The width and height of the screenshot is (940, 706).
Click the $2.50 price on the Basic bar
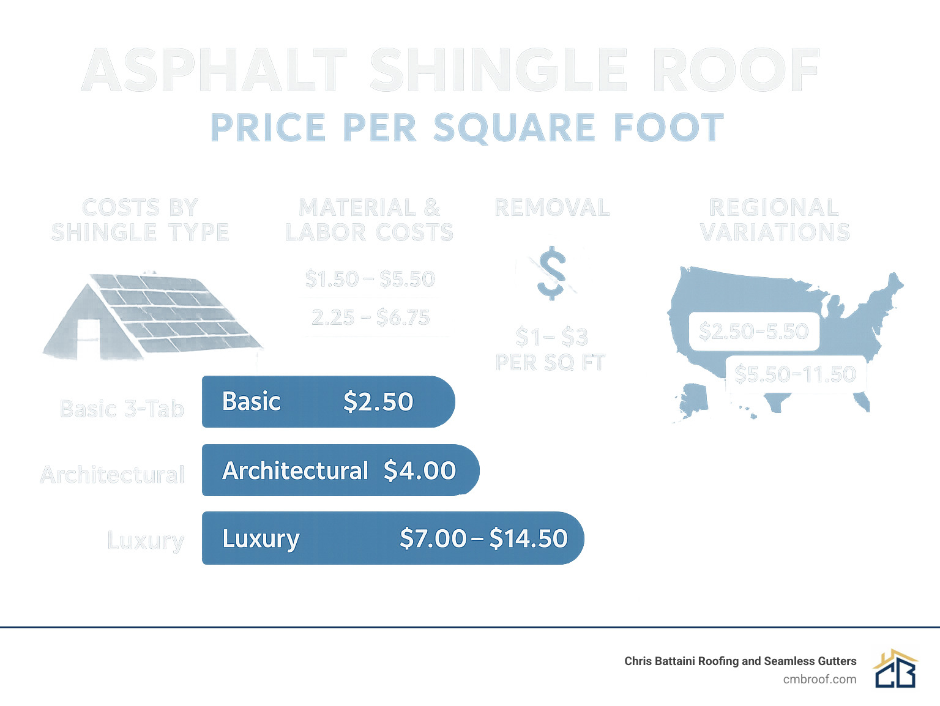(x=378, y=402)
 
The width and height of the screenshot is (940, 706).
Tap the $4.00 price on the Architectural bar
(x=420, y=470)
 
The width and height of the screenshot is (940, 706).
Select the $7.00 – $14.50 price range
(x=483, y=538)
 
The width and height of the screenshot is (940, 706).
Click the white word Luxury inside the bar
(x=261, y=539)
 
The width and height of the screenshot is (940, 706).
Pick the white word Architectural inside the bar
(x=295, y=470)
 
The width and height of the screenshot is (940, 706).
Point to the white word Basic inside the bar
(x=251, y=402)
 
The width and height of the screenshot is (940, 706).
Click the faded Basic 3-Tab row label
(x=122, y=409)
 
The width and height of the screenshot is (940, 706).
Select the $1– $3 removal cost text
(x=551, y=336)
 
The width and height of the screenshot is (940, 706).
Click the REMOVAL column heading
(x=552, y=208)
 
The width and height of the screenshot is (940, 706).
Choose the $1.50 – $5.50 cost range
(x=370, y=279)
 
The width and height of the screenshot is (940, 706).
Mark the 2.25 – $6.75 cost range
(x=370, y=318)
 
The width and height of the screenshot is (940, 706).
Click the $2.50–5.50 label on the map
(x=753, y=332)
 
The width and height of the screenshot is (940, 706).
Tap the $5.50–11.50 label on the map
(x=795, y=374)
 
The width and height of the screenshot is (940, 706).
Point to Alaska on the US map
(x=693, y=401)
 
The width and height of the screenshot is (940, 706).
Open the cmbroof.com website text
(x=819, y=679)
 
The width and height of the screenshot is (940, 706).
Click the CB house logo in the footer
(x=895, y=669)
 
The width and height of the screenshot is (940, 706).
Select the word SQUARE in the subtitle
(x=514, y=128)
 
